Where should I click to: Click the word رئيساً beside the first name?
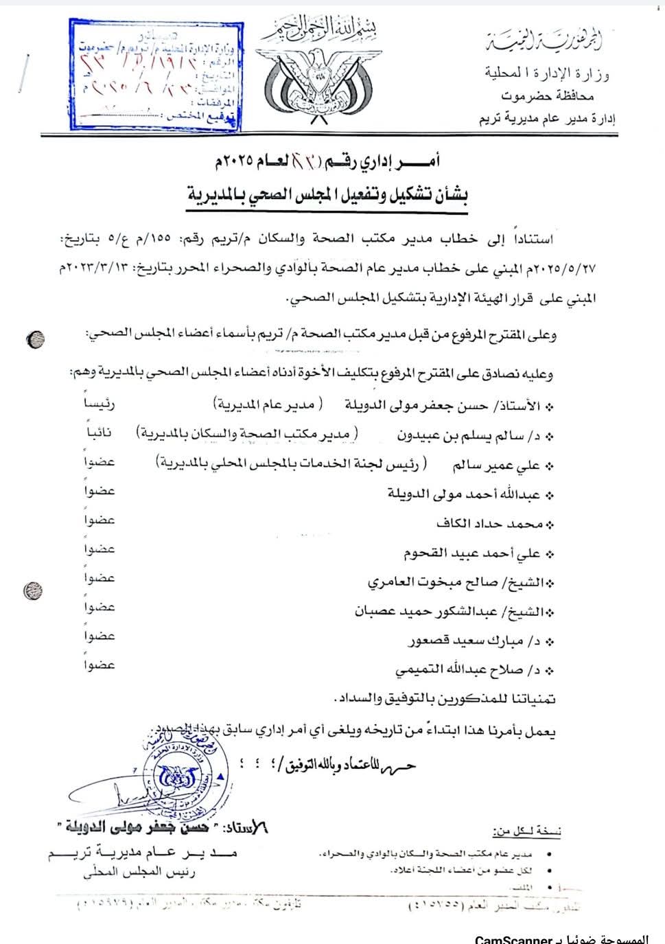pyautogui.click(x=100, y=404)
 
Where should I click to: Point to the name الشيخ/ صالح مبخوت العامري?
pyautogui.click(x=460, y=582)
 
